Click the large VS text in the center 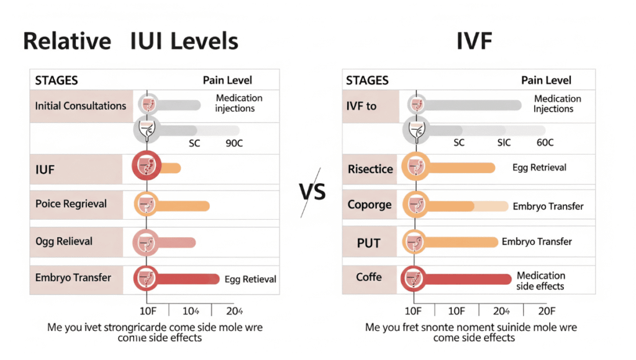[312, 192]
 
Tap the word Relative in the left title [66, 41]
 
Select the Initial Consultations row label [80, 106]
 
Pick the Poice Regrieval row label [71, 204]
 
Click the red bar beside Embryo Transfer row [186, 279]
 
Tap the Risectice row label [370, 168]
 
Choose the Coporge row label [370, 204]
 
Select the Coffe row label [368, 277]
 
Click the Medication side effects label [541, 281]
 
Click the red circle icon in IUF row [147, 166]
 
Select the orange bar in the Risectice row [460, 168]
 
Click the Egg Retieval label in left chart [250, 279]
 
